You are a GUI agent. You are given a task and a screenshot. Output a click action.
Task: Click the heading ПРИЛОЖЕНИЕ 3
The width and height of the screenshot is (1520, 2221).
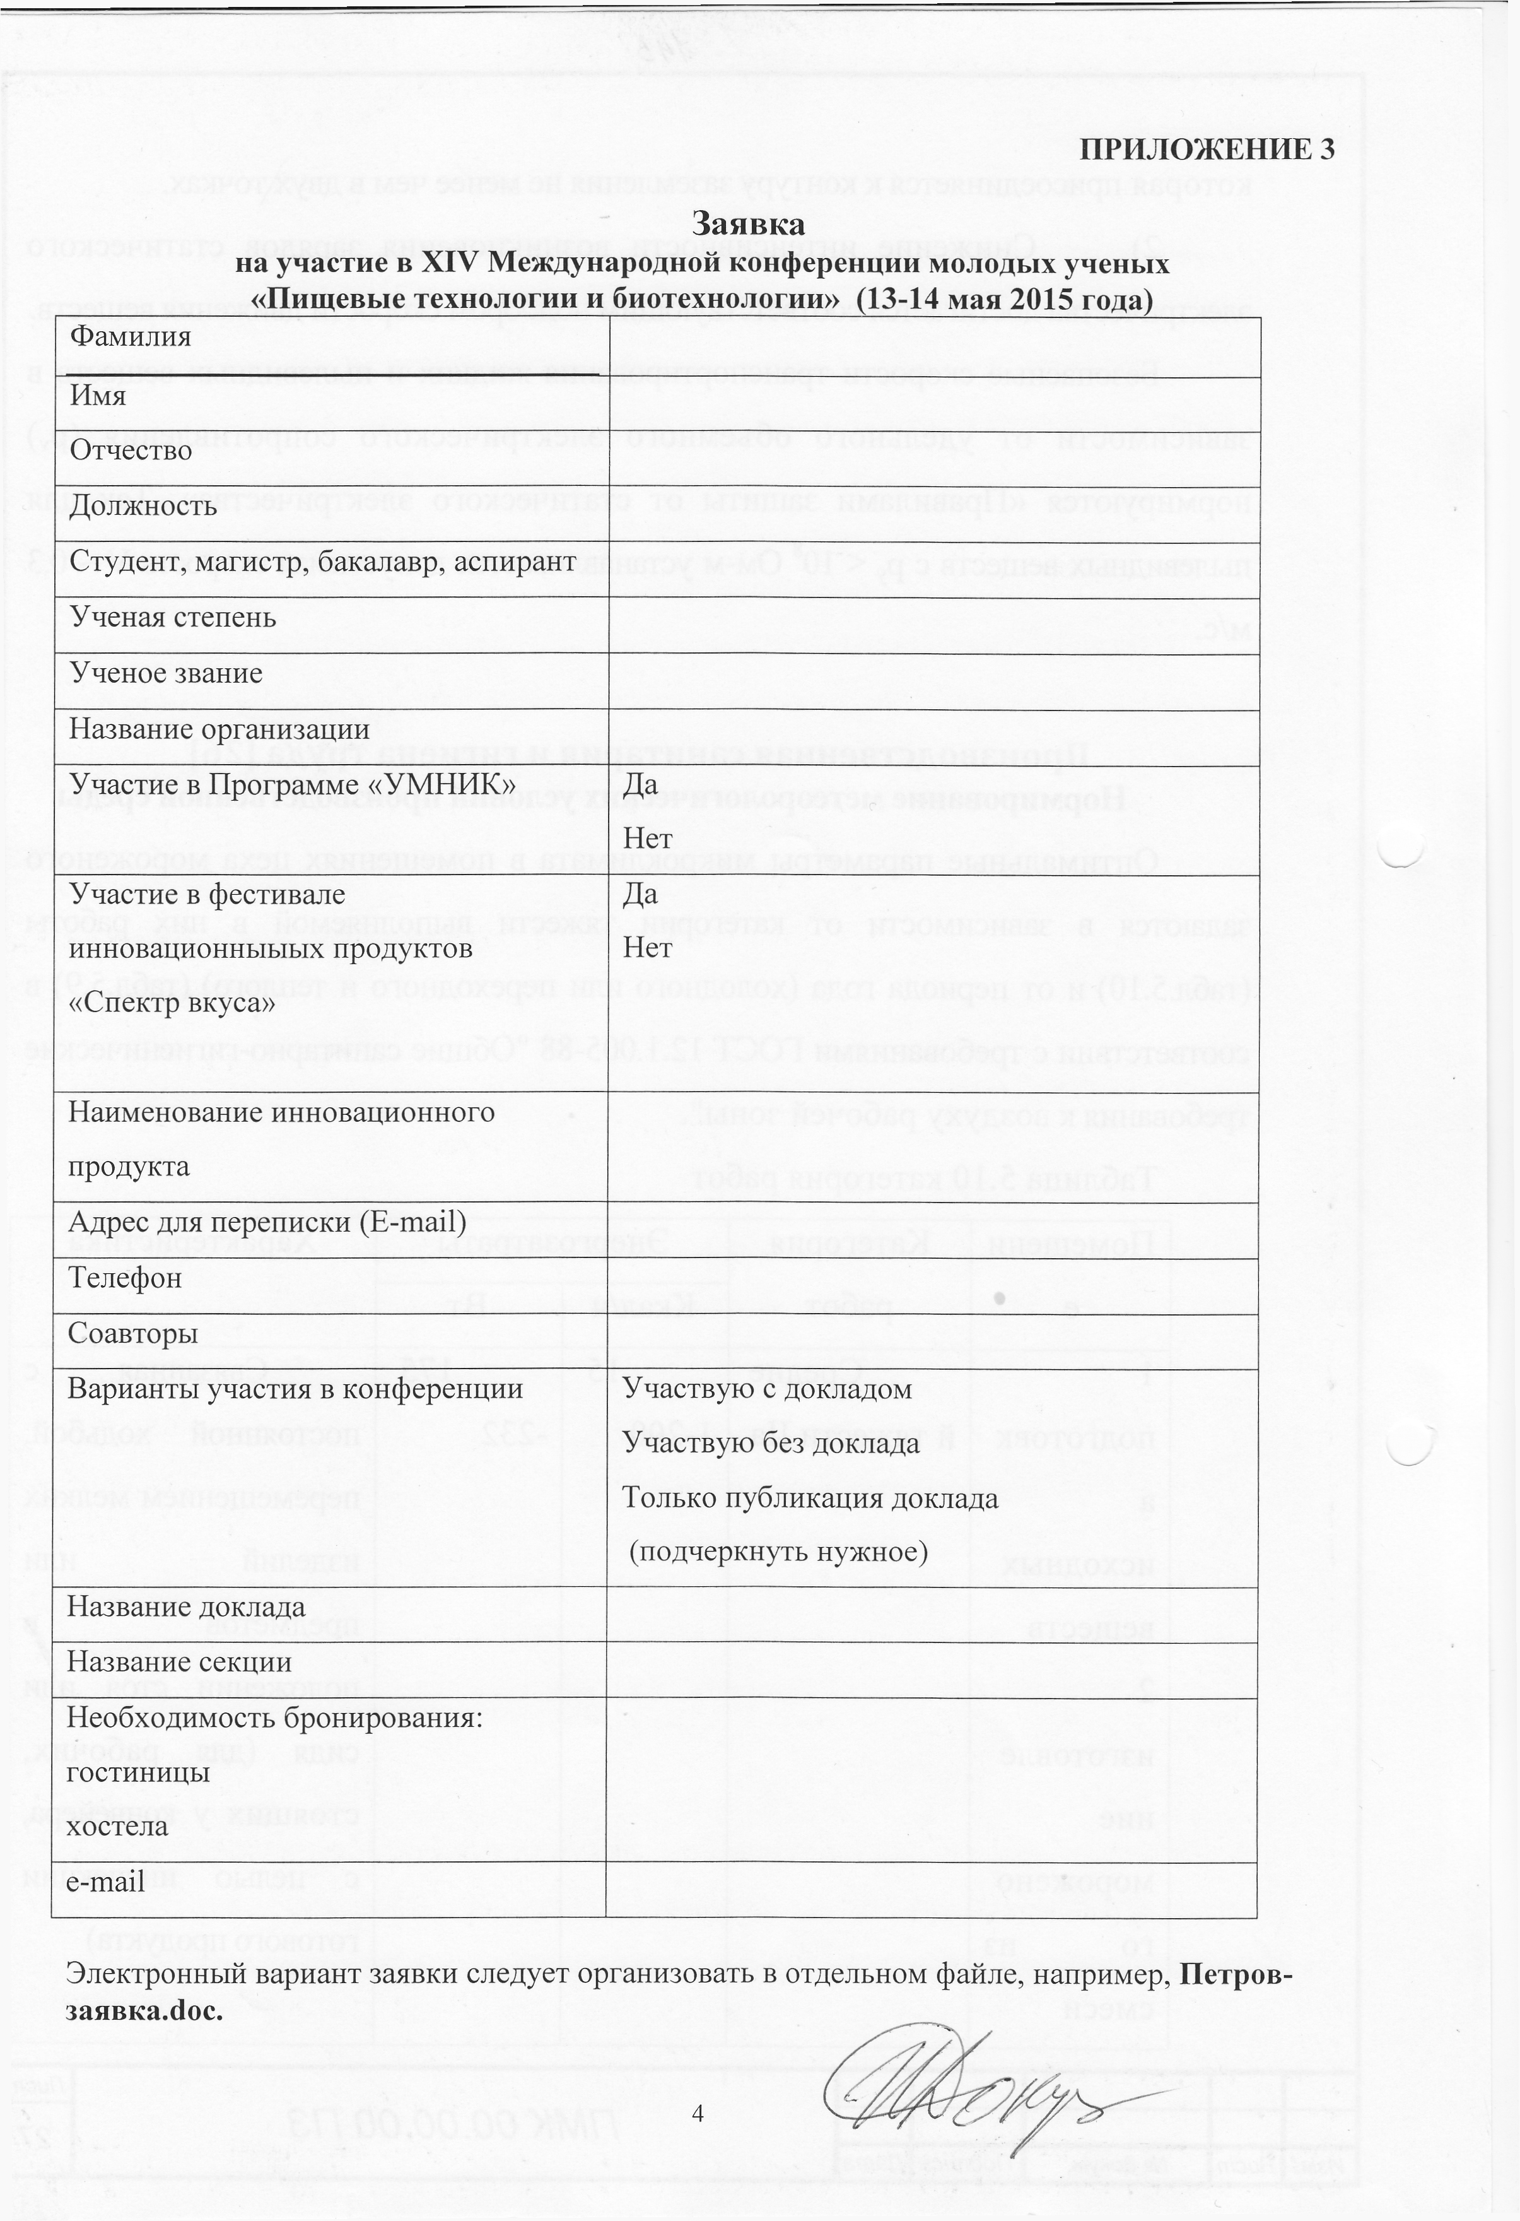coord(1206,150)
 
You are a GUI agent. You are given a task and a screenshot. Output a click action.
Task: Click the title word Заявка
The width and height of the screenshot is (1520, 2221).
coord(748,225)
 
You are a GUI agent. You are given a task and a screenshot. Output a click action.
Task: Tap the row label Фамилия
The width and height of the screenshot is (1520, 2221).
coord(131,336)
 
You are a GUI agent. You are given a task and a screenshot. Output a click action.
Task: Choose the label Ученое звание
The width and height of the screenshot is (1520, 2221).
coord(167,673)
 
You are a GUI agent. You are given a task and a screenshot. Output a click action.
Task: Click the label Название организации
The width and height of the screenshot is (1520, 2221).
coord(219,729)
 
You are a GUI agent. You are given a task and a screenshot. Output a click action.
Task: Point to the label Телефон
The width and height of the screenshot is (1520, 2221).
coord(124,1278)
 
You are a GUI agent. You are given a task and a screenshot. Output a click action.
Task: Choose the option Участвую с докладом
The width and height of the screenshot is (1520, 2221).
coord(767,1389)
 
